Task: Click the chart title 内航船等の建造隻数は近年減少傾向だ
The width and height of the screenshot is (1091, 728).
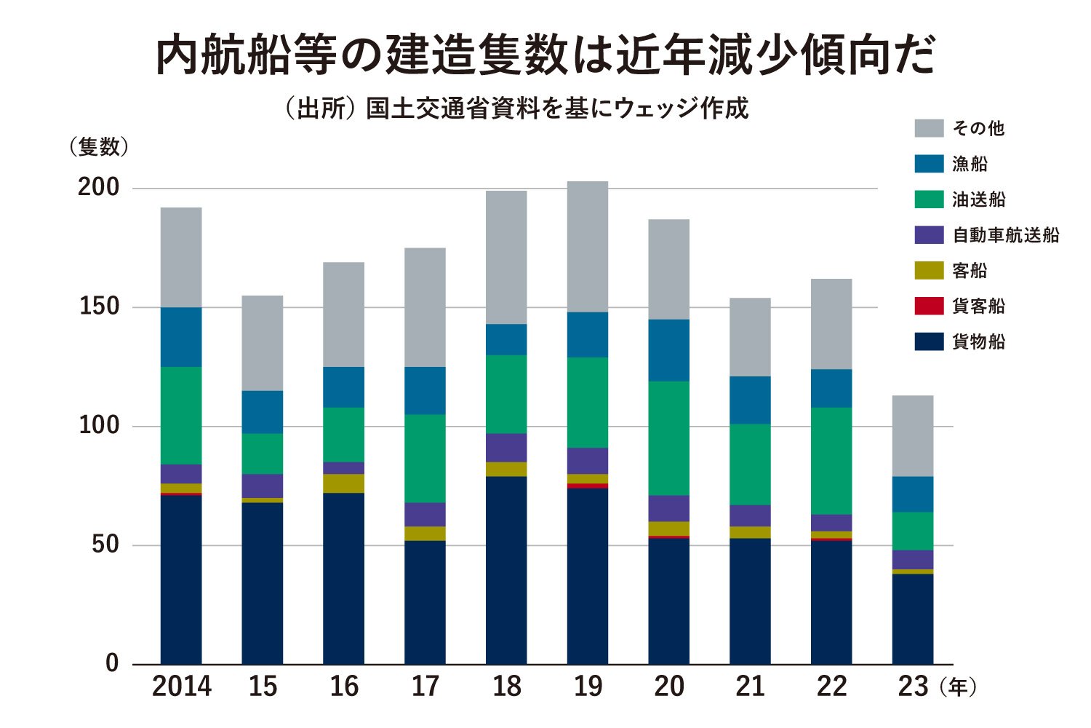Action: (545, 55)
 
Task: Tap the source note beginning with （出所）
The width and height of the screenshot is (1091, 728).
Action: (517, 108)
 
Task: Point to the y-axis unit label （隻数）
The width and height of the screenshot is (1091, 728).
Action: (99, 147)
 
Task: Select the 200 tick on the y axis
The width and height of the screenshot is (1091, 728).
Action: (98, 187)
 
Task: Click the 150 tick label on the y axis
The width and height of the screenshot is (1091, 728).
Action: (98, 306)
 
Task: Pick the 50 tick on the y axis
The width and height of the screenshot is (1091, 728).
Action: (105, 545)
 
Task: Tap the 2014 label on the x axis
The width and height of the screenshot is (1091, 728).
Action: (181, 687)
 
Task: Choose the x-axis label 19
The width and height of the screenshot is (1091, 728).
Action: (588, 687)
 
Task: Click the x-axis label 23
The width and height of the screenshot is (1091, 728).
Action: (913, 687)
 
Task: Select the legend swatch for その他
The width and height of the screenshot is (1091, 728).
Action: (929, 128)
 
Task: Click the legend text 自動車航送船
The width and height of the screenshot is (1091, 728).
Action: (1006, 235)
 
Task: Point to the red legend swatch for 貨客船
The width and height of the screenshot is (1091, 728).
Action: (929, 306)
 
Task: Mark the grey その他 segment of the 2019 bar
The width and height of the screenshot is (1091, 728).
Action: (588, 246)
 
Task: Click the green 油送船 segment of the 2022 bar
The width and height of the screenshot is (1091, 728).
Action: (831, 461)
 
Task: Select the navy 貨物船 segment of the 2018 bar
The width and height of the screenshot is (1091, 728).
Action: (506, 570)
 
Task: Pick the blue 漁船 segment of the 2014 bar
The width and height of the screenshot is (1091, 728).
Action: (181, 337)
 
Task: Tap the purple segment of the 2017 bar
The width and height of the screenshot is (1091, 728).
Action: (425, 514)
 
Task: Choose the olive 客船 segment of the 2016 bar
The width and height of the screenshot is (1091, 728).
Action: (344, 483)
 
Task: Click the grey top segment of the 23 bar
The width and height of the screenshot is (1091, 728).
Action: (913, 436)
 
